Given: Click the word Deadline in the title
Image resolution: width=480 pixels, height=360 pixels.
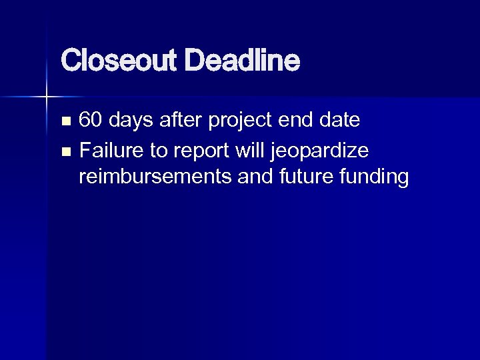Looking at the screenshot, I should [x=243, y=62].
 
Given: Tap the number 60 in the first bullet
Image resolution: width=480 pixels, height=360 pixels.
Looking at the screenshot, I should [x=91, y=121].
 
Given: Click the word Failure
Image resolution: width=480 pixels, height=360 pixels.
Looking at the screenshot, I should [x=111, y=150].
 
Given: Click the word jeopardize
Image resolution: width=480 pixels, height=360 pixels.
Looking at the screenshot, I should [x=319, y=151].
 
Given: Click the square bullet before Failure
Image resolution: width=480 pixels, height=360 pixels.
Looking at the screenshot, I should [x=65, y=151].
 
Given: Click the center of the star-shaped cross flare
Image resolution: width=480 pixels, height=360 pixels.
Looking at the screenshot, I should [x=46, y=97].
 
